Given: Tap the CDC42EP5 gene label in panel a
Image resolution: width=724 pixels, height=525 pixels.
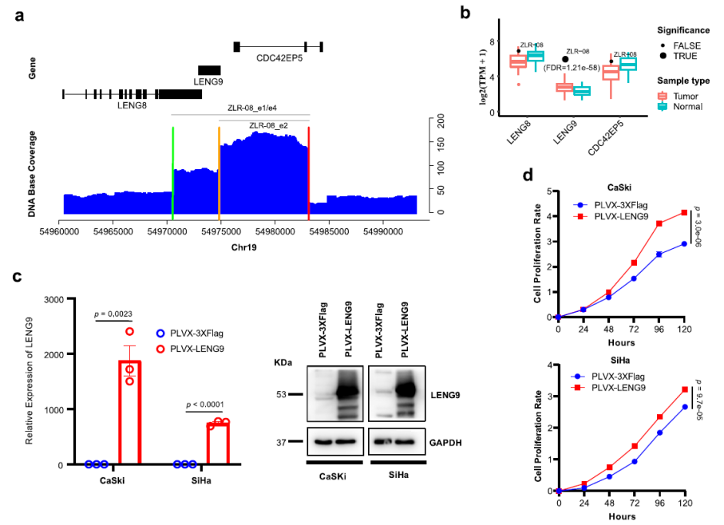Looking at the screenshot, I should (x=278, y=59).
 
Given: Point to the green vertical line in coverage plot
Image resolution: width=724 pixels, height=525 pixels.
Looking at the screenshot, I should (x=172, y=171).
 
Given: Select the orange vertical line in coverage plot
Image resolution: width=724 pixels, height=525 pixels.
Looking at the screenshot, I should (x=219, y=171).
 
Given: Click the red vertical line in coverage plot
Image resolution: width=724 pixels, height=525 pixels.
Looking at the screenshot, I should (x=309, y=171).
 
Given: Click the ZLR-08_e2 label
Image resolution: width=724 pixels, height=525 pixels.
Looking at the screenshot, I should (x=268, y=125).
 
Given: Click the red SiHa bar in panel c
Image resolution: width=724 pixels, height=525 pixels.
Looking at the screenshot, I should (x=217, y=444).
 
